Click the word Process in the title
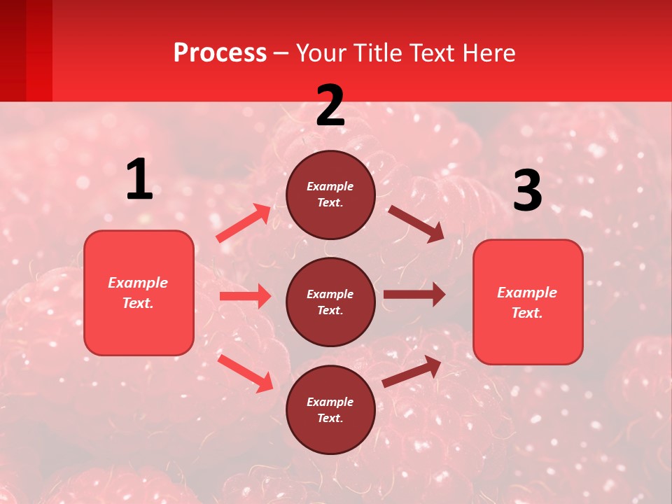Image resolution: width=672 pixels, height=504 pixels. [220, 53]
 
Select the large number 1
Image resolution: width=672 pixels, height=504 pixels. [139, 181]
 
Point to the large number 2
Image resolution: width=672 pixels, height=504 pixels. [330, 106]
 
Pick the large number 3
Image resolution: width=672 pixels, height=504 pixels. [527, 192]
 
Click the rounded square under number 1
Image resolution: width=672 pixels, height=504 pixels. [139, 293]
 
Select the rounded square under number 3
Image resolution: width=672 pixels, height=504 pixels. [528, 302]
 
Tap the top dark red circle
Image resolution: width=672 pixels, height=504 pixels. [330, 195]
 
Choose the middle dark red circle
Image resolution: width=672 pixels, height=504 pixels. [330, 302]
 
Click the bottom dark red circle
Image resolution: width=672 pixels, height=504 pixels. [330, 409]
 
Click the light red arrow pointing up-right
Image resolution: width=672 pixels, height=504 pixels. [244, 223]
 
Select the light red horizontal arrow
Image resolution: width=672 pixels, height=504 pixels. [245, 296]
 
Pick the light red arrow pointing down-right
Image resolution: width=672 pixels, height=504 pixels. [245, 373]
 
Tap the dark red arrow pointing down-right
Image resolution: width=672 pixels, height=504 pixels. [416, 223]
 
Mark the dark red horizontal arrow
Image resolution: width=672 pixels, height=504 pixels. [414, 295]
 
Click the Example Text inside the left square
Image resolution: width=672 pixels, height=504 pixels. [138, 293]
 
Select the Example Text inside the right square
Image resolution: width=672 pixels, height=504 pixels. [527, 302]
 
